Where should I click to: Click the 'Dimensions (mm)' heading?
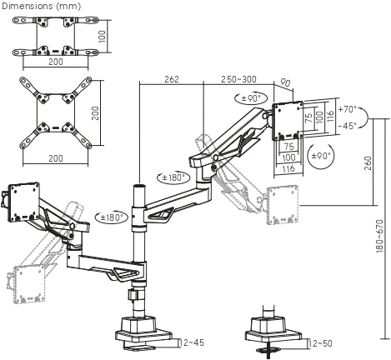tap(41, 6)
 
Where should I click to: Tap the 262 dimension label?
tap(172, 79)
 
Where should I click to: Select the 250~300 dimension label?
tap(238, 79)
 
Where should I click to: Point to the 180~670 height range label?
tap(379, 236)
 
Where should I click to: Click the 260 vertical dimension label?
tap(368, 163)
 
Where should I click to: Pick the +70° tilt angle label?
tap(348, 109)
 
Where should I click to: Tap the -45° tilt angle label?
tap(348, 126)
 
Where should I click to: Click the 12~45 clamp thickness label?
tap(192, 342)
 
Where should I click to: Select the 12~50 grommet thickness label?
tap(320, 343)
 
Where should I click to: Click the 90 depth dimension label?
tap(285, 82)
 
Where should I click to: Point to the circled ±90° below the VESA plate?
tap(321, 156)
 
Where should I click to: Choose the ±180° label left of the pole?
tap(111, 217)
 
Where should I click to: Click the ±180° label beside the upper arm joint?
tap(173, 177)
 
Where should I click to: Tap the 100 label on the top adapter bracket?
tap(102, 37)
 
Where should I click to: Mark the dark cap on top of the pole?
tap(139, 185)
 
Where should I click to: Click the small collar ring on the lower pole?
tap(133, 295)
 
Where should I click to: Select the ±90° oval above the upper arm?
tap(251, 98)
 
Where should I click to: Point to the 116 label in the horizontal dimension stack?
tap(288, 168)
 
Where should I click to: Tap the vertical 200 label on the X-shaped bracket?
tap(95, 113)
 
